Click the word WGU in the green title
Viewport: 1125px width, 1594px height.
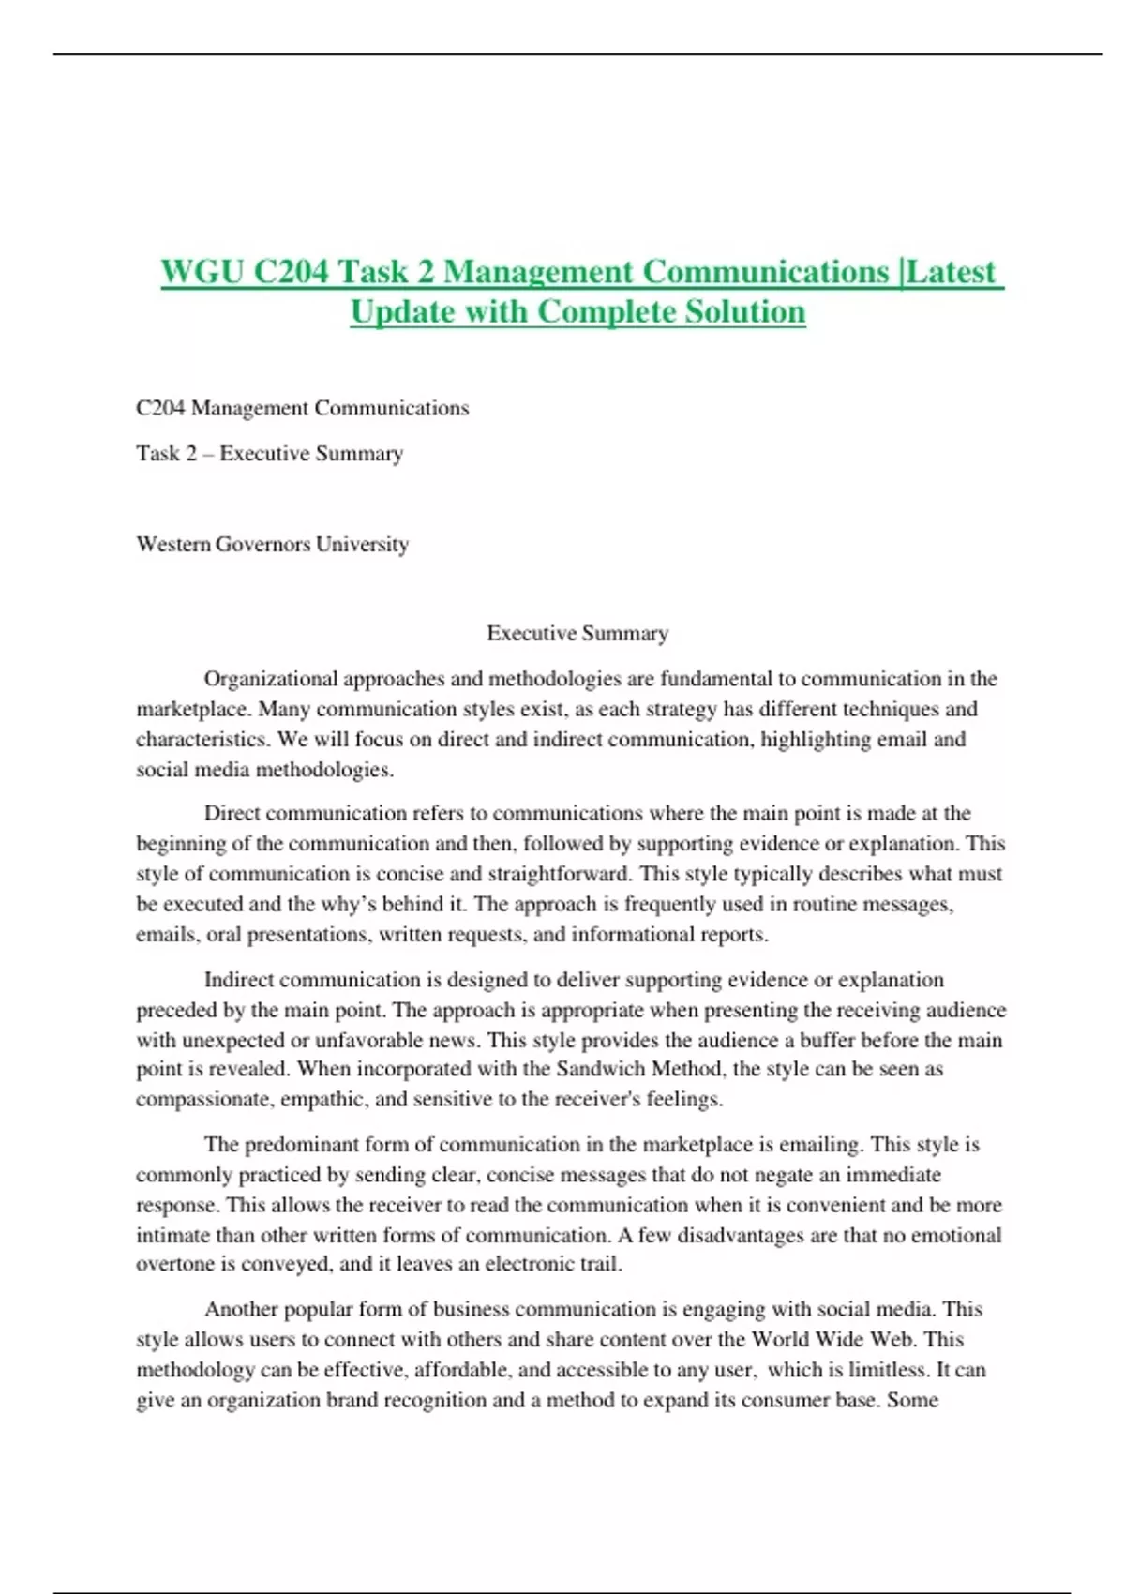202,272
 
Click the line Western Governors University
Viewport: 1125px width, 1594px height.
272,544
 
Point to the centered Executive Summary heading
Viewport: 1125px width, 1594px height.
577,633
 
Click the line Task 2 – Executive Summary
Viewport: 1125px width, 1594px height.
269,454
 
